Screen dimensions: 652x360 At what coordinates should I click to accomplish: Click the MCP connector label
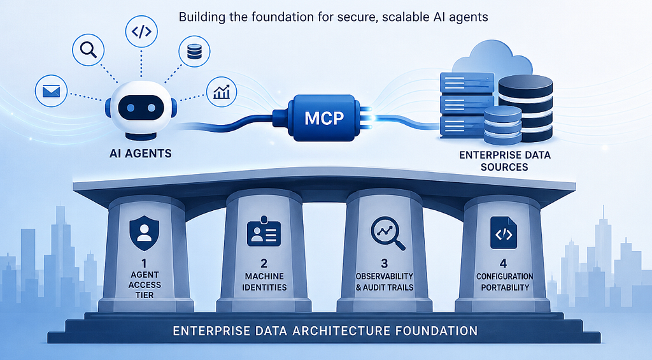pyautogui.click(x=324, y=119)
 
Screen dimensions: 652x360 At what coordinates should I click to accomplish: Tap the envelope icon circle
pyautogui.click(x=51, y=91)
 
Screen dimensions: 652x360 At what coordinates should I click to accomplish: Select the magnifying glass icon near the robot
pyautogui.click(x=88, y=50)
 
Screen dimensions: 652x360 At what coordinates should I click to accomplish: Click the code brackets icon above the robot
pyautogui.click(x=141, y=31)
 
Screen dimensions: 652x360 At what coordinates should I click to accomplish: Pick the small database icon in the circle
pyautogui.click(x=194, y=52)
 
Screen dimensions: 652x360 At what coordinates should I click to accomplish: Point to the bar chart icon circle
pyautogui.click(x=222, y=92)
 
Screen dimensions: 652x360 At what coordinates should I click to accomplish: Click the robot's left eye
pyautogui.click(x=131, y=108)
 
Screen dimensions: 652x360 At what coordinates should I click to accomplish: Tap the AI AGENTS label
pyautogui.click(x=141, y=154)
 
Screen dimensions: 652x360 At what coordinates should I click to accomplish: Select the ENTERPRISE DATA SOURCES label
pyautogui.click(x=505, y=161)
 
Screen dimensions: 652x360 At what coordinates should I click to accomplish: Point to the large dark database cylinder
pyautogui.click(x=525, y=108)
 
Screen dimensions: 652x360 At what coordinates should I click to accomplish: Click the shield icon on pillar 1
pyautogui.click(x=145, y=233)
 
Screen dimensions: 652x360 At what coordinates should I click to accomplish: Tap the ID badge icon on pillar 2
pyautogui.click(x=264, y=231)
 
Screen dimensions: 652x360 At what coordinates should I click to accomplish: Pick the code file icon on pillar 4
pyautogui.click(x=504, y=233)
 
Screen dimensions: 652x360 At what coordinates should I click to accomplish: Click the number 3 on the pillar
pyautogui.click(x=384, y=263)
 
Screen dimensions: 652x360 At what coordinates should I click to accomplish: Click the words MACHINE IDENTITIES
pyautogui.click(x=264, y=282)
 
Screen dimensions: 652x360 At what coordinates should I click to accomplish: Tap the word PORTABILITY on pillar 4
pyautogui.click(x=505, y=287)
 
